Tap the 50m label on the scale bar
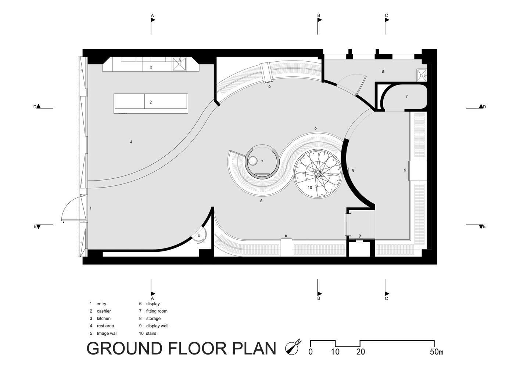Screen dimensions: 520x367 [437, 352]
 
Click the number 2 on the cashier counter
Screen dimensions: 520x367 [151, 102]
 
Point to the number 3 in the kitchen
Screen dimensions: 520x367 [151, 68]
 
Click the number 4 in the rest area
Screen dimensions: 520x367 [131, 142]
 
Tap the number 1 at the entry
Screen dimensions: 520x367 [90, 208]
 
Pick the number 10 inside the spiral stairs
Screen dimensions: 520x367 [310, 188]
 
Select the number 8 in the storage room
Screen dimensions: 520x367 [383, 72]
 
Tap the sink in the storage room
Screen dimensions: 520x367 [422, 75]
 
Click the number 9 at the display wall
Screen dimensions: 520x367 [360, 236]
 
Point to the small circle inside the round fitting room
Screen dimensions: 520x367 [252, 161]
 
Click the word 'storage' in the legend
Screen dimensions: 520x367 [153, 319]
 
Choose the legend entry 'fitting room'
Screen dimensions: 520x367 [157, 311]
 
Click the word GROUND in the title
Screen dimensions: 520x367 [125, 348]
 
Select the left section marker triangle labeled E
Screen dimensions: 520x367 [39, 227]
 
